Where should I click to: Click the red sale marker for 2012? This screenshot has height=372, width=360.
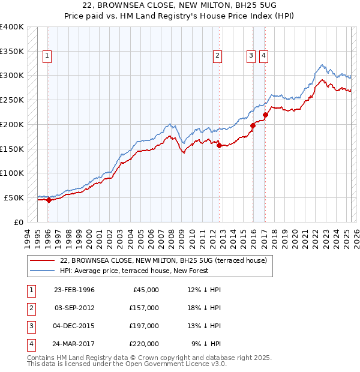(x=219, y=145)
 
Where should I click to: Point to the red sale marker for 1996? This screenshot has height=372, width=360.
(x=49, y=200)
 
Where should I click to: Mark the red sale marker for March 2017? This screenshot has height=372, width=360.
(x=266, y=115)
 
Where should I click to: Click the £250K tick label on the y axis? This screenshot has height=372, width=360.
(x=12, y=100)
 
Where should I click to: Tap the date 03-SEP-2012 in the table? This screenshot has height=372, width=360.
(x=74, y=308)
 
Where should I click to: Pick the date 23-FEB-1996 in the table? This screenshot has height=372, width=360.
(x=74, y=290)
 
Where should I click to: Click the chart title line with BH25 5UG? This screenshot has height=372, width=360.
(x=180, y=7)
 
